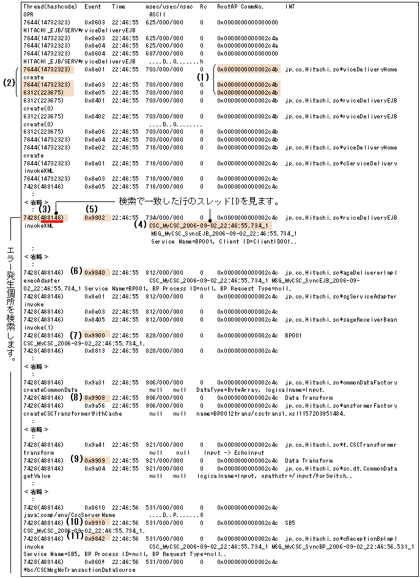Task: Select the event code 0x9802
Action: [x=95, y=217]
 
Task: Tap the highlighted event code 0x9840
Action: [x=95, y=272]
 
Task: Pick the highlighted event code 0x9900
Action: [x=95, y=336]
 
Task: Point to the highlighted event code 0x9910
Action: [x=95, y=523]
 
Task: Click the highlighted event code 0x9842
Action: [x=95, y=539]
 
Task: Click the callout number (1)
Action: [x=204, y=78]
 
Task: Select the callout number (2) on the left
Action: [x=9, y=82]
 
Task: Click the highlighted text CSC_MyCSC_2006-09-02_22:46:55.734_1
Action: [x=208, y=225]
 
